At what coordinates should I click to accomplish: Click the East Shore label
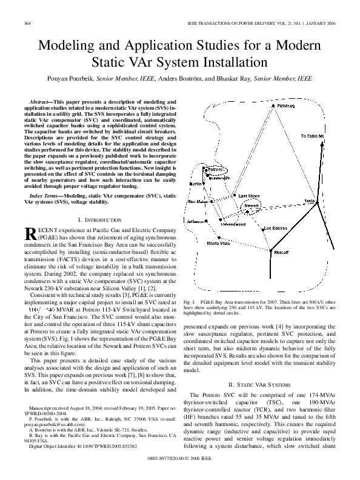point(249,196)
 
